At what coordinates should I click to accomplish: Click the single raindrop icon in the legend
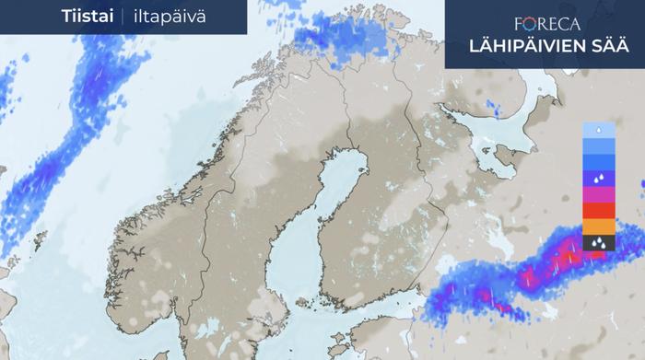click(598, 130)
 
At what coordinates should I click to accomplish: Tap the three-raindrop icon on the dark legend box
click(598, 242)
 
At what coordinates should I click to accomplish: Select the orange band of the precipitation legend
click(598, 226)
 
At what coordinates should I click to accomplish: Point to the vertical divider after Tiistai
click(121, 17)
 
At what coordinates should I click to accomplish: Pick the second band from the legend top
click(598, 145)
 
